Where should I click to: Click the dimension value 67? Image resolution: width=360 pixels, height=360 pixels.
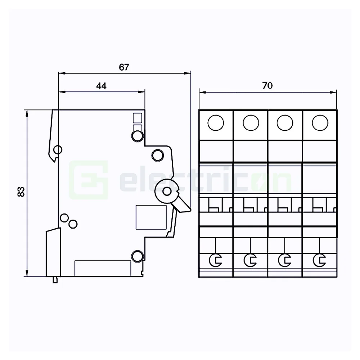(124, 67)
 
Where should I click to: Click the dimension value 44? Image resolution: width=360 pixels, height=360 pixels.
(101, 86)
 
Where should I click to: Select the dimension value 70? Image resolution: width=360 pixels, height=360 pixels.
(267, 86)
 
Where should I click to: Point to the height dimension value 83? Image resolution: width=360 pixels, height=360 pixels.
(21, 192)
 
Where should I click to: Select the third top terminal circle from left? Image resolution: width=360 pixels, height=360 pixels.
(284, 123)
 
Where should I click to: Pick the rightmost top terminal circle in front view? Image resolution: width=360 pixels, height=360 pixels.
(319, 123)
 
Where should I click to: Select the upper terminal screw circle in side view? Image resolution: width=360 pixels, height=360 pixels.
(137, 136)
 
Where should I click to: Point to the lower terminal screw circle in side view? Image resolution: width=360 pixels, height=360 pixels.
(137, 256)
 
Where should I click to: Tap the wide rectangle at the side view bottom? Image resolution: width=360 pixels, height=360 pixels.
(103, 268)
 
